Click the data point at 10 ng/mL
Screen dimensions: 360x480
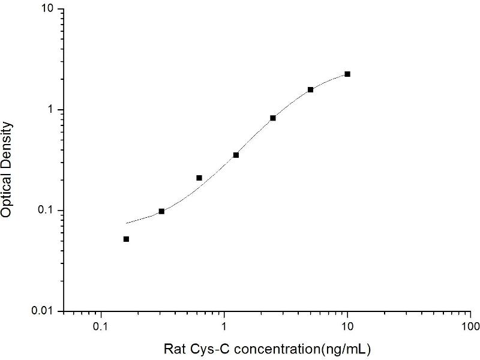coord(347,74)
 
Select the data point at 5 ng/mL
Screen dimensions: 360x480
coord(310,90)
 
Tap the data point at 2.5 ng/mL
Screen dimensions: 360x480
coord(273,118)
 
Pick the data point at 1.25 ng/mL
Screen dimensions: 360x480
coord(236,155)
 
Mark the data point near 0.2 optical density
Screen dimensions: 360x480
coord(199,178)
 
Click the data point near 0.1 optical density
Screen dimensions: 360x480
coord(161,211)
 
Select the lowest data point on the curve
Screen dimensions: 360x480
coord(126,239)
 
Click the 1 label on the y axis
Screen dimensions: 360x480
coord(51,110)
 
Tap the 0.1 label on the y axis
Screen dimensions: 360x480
coord(46,211)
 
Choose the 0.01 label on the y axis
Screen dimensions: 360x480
coord(44,311)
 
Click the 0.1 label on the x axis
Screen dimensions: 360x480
coord(101,327)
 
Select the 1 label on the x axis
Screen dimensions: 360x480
coord(224,327)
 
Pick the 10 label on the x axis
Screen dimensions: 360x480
coord(347,327)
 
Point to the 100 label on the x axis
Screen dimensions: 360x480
coord(470,327)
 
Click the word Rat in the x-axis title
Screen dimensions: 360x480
coord(174,348)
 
